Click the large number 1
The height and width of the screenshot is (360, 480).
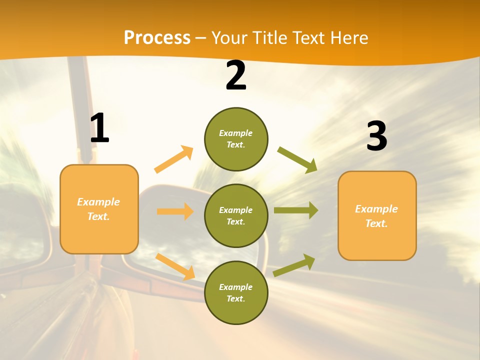click(100, 128)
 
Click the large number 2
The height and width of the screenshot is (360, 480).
click(236, 75)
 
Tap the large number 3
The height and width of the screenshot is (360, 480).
click(377, 136)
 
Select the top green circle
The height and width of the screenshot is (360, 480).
click(236, 139)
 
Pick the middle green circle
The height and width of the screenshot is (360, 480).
click(236, 215)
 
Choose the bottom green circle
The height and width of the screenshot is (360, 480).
click(236, 292)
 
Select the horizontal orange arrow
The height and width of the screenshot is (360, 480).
click(175, 211)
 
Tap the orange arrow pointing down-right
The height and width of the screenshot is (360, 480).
click(175, 266)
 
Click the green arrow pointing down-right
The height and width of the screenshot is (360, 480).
click(297, 159)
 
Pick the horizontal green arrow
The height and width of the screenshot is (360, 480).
click(295, 210)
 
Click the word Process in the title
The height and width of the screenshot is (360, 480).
click(157, 37)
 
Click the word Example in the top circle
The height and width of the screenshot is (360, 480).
click(236, 133)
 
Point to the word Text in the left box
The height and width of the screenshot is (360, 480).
click(98, 216)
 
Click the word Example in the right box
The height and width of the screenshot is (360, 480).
click(376, 208)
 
